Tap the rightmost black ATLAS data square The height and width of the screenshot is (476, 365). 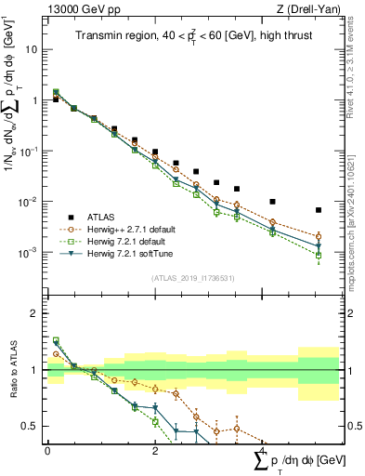(x=319, y=210)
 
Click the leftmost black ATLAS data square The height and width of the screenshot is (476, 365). (x=55, y=99)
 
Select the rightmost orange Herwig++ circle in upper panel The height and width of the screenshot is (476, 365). (x=319, y=236)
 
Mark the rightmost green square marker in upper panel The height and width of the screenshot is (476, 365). (x=319, y=255)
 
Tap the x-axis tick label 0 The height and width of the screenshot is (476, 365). (x=47, y=450)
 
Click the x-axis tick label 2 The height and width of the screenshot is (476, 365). (x=154, y=450)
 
